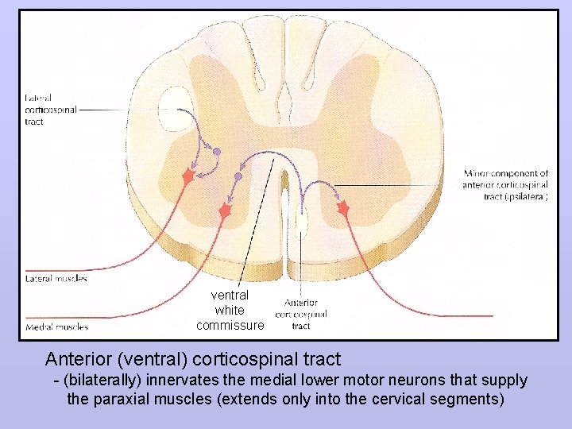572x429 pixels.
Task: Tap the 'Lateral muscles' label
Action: click(x=56, y=279)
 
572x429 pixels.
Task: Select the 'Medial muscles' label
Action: click(x=56, y=327)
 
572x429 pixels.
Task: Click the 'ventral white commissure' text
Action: click(x=230, y=310)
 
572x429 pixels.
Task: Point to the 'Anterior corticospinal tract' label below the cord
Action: click(x=301, y=314)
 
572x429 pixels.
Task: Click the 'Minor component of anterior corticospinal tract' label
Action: click(x=506, y=184)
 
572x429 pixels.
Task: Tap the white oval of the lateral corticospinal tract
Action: click(x=175, y=110)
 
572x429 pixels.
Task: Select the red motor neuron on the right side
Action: click(x=343, y=208)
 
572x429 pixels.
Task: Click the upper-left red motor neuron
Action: click(x=188, y=176)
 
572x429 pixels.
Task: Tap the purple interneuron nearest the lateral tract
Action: click(x=216, y=151)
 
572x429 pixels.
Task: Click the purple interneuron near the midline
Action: click(x=238, y=176)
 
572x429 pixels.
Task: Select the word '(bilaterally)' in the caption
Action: click(x=99, y=381)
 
